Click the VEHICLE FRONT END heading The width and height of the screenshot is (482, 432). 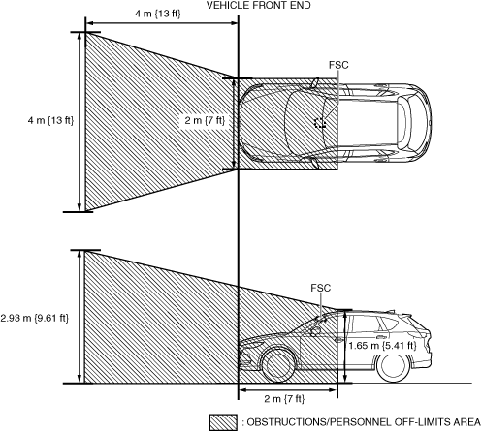(x=259, y=5)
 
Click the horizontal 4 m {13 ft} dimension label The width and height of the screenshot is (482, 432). (x=158, y=14)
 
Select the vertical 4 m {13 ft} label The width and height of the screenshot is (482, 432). (x=50, y=120)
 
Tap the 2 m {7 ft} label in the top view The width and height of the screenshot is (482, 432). (x=205, y=120)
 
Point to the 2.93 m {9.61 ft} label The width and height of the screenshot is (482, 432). (x=35, y=318)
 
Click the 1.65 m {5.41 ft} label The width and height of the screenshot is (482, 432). (x=382, y=346)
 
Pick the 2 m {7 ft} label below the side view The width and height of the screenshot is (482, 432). (x=284, y=399)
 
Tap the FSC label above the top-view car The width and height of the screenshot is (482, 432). (x=338, y=65)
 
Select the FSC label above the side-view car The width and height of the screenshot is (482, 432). (x=321, y=288)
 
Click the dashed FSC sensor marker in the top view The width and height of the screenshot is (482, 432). (x=320, y=122)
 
